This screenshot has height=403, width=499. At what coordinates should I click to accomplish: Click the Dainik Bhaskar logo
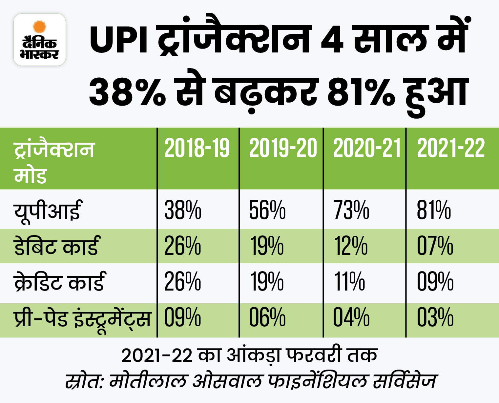40,40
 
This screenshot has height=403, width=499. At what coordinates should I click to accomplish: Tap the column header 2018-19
197,148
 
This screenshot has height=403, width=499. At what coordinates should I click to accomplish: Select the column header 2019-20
283,148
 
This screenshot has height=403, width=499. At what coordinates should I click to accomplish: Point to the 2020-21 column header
367,148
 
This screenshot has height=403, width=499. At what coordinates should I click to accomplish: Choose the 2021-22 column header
451,148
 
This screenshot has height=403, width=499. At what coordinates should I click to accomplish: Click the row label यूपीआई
47,211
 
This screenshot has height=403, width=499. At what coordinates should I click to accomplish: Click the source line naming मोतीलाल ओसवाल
251,381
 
